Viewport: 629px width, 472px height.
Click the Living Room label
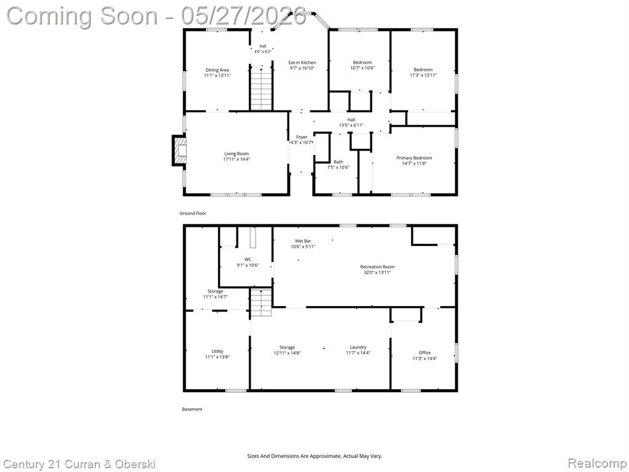pos(236,154)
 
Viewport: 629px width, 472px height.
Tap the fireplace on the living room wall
pos(179,151)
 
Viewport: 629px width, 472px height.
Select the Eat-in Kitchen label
pos(302,63)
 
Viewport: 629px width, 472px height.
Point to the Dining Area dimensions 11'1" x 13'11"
pos(217,76)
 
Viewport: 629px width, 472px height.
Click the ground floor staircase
pos(262,88)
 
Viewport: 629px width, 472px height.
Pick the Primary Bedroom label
pos(414,158)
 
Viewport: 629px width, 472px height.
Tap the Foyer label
pos(302,137)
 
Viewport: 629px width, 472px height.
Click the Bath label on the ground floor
pos(338,162)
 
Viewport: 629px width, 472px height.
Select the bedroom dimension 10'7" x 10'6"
pos(362,68)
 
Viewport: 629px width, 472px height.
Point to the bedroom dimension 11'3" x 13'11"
pos(423,76)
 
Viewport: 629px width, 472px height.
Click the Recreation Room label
pos(377,267)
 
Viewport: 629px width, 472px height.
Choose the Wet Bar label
pos(303,241)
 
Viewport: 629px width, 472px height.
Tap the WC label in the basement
pos(248,259)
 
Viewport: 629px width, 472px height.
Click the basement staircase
pos(261,302)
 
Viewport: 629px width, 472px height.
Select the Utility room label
pos(217,351)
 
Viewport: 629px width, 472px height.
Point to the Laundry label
pos(358,347)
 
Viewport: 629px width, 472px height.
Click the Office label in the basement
pos(425,353)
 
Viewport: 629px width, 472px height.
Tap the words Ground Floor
pos(192,213)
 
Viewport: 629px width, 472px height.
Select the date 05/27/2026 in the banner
pos(244,16)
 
